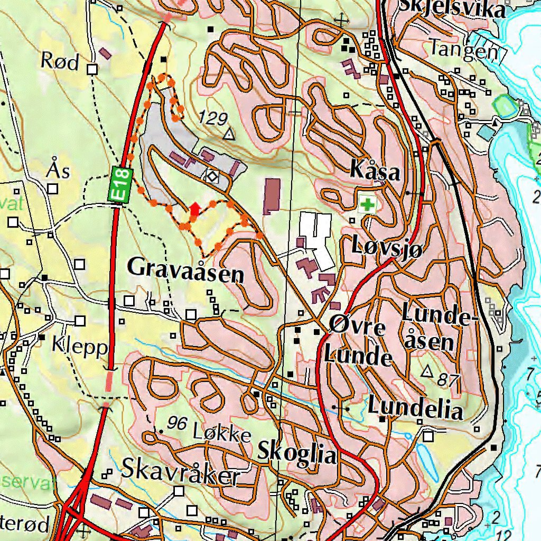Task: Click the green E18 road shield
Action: coord(120,184)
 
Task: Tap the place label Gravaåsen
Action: coord(186,270)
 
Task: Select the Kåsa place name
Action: coord(375,172)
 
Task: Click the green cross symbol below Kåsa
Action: coord(365,204)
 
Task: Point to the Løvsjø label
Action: coord(387,247)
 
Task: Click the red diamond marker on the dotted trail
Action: coord(194,210)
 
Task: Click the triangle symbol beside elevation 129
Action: coord(228,135)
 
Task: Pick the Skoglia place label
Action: coord(296,453)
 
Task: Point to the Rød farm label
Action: coord(60,62)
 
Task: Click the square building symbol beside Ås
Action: coord(53,189)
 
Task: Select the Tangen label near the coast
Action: coord(463,49)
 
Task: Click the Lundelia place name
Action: coord(415,408)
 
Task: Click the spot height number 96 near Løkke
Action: coord(178,423)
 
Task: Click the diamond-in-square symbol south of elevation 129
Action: coord(212,177)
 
